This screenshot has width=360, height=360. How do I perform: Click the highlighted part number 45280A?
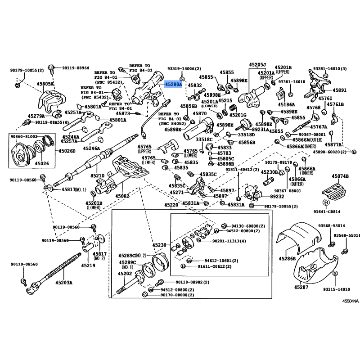(173, 84)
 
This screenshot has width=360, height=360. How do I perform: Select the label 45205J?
(257, 65)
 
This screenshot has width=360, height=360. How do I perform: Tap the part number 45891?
(340, 90)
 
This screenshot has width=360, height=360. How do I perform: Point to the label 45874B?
(341, 176)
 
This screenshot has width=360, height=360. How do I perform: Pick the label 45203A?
(64, 283)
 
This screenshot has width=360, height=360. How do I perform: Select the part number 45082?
(122, 196)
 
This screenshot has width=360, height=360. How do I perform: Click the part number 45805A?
(45, 84)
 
